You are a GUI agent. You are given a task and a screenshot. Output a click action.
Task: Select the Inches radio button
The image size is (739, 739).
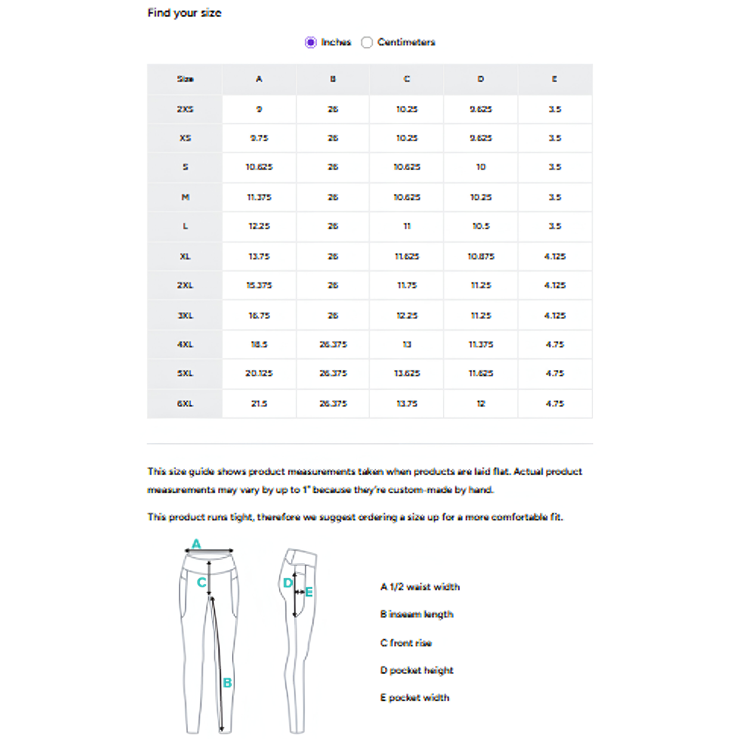point(311,42)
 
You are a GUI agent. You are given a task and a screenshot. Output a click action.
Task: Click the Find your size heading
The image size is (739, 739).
point(184,13)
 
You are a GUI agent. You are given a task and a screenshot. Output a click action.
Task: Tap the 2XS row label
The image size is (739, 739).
point(185,109)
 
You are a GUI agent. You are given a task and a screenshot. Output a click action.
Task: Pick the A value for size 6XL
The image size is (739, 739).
point(259,403)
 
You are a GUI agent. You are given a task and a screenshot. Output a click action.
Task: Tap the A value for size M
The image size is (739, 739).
point(259,197)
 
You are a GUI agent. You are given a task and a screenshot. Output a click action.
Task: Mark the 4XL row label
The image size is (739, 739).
point(185,344)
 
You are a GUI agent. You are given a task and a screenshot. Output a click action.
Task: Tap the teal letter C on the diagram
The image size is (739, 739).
point(202,583)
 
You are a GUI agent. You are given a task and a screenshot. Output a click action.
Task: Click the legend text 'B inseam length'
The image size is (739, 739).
point(417,614)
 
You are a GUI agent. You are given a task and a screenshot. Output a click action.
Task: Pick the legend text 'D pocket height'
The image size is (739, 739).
point(417,670)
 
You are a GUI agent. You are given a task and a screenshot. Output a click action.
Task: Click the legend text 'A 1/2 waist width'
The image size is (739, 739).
point(420,587)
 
